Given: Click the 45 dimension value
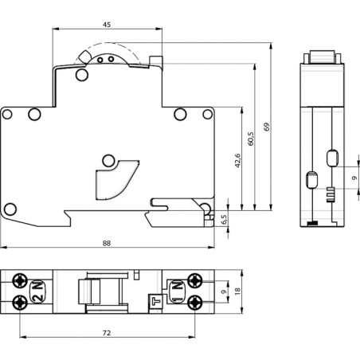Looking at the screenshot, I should [x=106, y=24].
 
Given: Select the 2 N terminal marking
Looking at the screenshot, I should [x=38, y=292].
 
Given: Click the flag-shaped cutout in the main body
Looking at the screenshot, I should [x=111, y=175].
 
